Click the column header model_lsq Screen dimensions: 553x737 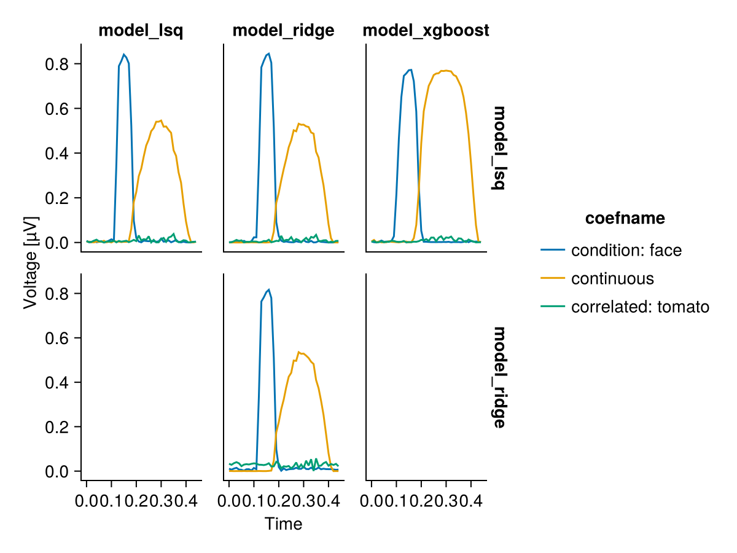pyautogui.click(x=141, y=30)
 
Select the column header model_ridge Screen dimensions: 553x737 pyautogui.click(x=283, y=30)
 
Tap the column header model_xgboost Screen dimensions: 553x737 pyautogui.click(x=426, y=30)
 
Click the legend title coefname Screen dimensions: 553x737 pyautogui.click(x=625, y=218)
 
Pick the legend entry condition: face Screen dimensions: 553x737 pyautogui.click(x=626, y=250)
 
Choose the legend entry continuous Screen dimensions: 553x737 pyautogui.click(x=612, y=278)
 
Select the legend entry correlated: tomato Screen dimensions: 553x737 pyautogui.click(x=640, y=307)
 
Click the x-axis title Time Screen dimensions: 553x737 pyautogui.click(x=283, y=524)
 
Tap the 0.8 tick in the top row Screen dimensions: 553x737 pyautogui.click(x=58, y=64)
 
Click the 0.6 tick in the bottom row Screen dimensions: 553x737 pyautogui.click(x=58, y=337)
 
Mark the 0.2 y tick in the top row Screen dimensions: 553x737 pyautogui.click(x=58, y=198)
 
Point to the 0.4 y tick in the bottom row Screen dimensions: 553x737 pyautogui.click(x=58, y=382)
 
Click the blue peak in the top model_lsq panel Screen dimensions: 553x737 pyautogui.click(x=124, y=55)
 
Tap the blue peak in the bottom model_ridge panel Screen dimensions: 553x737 pyautogui.click(x=268, y=289)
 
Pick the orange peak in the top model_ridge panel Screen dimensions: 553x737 pyautogui.click(x=298, y=124)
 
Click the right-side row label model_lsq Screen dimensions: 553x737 pyautogui.click(x=499, y=148)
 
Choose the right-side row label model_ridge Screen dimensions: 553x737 pyautogui.click(x=499, y=377)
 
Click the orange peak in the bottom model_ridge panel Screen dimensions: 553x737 pyautogui.click(x=298, y=352)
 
